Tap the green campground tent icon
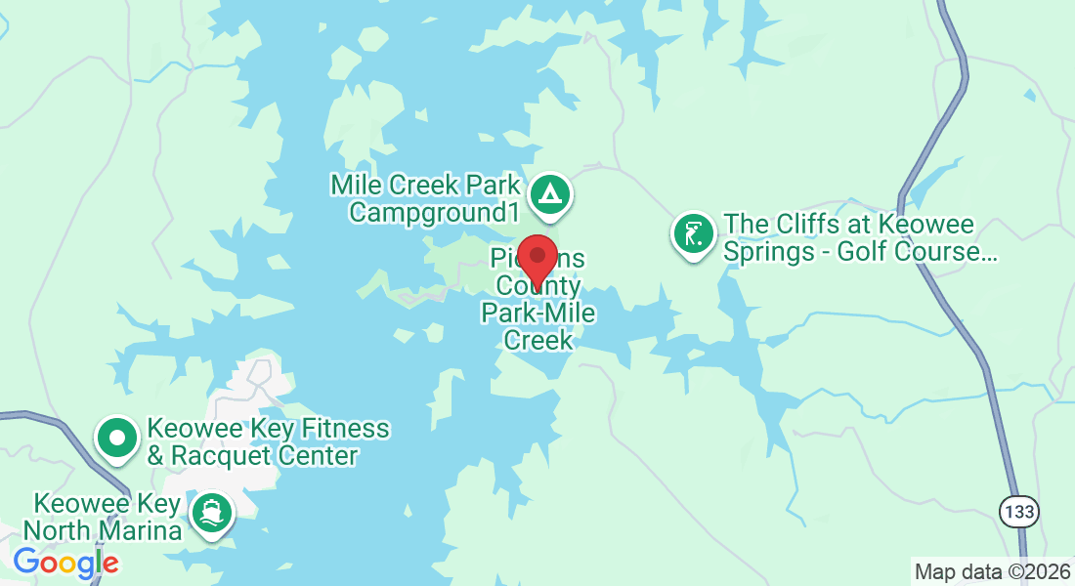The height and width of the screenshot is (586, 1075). [x=550, y=194]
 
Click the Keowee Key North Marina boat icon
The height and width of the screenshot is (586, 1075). [x=211, y=514]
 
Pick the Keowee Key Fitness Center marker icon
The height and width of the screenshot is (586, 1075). [x=118, y=439]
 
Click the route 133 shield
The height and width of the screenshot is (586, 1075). [x=1018, y=511]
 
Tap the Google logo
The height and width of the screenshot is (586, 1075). [x=65, y=562]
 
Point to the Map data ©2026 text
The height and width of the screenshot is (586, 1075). [x=991, y=570]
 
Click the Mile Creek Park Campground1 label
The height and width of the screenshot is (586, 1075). [x=426, y=198]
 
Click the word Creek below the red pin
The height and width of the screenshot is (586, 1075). [x=537, y=340]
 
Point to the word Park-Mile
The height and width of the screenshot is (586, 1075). [x=537, y=313]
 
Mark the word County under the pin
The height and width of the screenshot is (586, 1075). [x=537, y=286]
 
